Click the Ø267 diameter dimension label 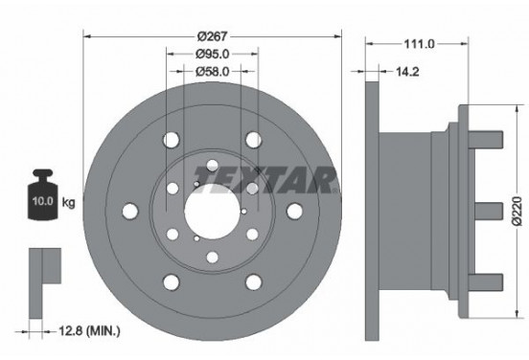pyautogui.click(x=213, y=36)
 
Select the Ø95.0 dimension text pyautogui.click(x=213, y=54)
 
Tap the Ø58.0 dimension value pyautogui.click(x=213, y=71)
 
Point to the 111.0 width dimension pyautogui.click(x=420, y=43)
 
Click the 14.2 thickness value pyautogui.click(x=407, y=72)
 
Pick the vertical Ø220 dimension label pyautogui.click(x=517, y=211)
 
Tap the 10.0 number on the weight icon pyautogui.click(x=43, y=201)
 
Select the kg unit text pyautogui.click(x=68, y=202)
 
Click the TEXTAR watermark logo pyautogui.click(x=265, y=179)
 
